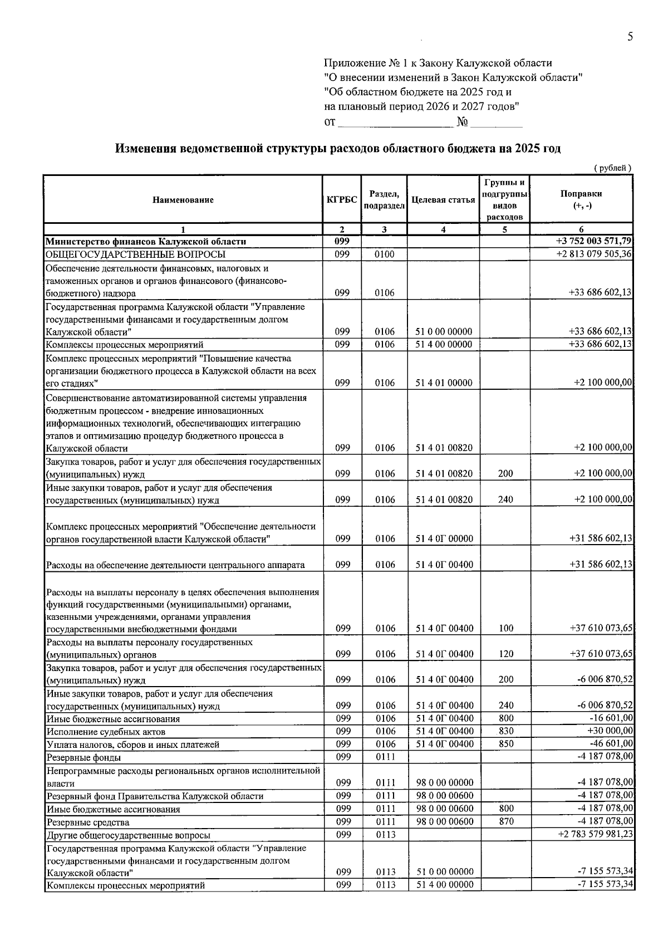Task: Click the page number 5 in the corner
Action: (x=630, y=37)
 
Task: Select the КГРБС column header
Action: (x=342, y=200)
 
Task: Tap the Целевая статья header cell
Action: (x=443, y=200)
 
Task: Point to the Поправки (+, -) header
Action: (x=581, y=199)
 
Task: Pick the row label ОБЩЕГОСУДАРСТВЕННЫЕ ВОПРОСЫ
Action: (x=136, y=254)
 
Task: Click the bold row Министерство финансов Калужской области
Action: (x=146, y=242)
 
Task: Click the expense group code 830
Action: (x=506, y=731)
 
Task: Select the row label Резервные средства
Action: (x=88, y=822)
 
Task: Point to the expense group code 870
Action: (x=506, y=821)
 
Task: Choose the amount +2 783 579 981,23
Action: (x=594, y=834)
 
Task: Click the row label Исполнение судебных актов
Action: (x=106, y=732)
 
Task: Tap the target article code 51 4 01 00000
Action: (x=444, y=383)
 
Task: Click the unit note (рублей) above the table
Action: (x=612, y=168)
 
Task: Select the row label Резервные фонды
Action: (x=83, y=757)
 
